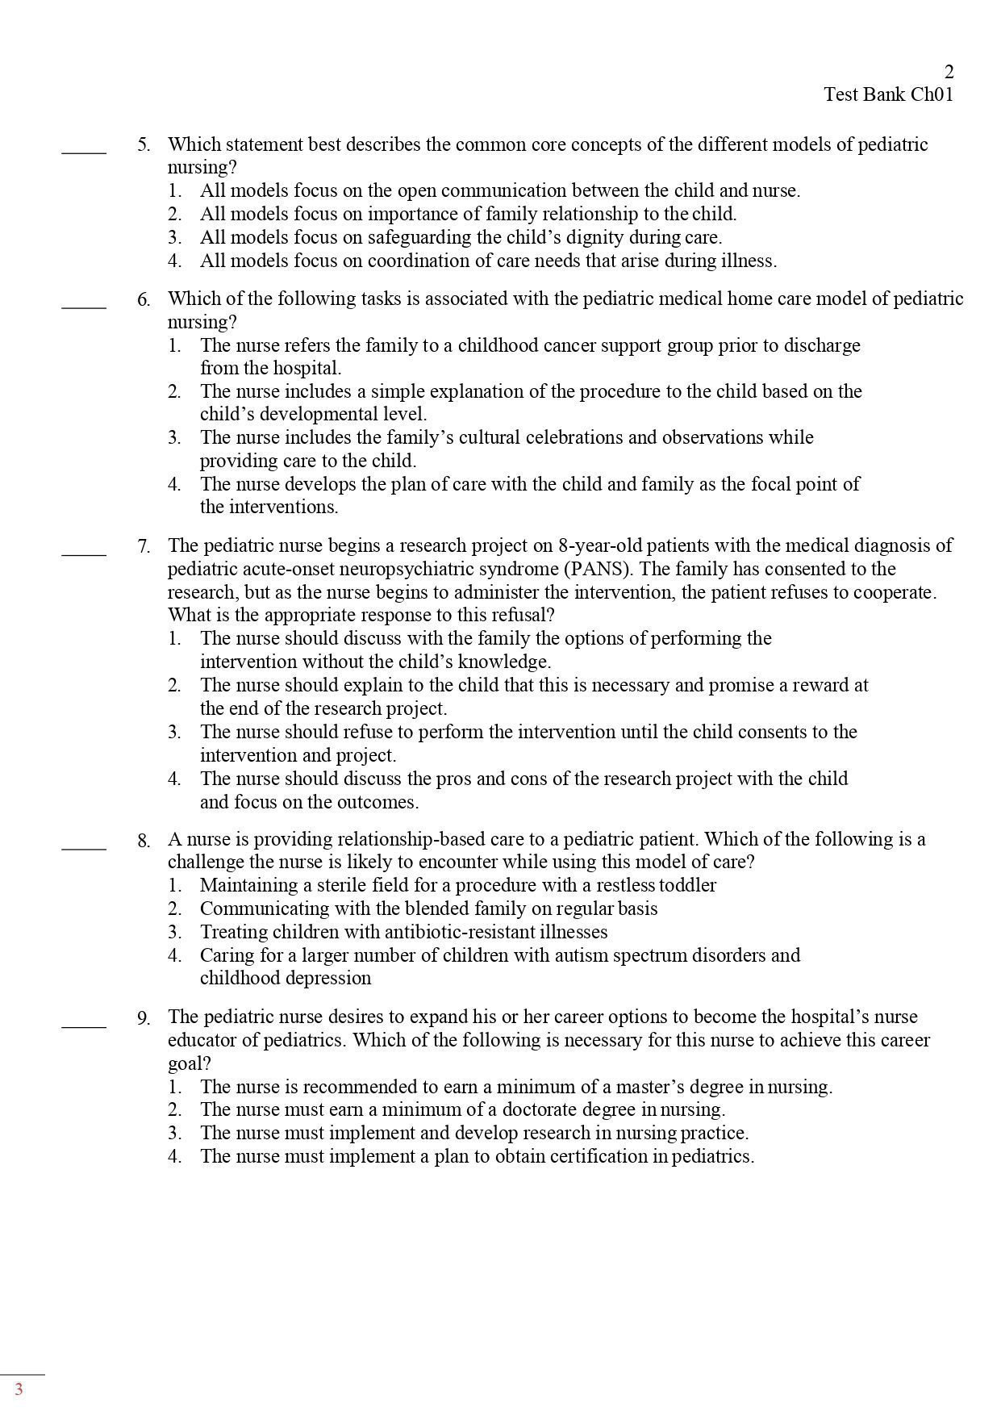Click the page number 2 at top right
[x=949, y=72]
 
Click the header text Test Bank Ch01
[x=888, y=94]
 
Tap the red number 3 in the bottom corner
[x=19, y=1389]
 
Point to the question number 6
[x=144, y=300]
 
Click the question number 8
[x=144, y=841]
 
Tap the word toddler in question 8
[x=686, y=885]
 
